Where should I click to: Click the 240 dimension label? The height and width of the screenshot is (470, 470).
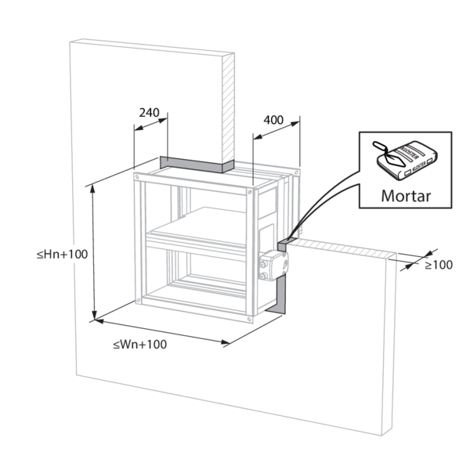149,112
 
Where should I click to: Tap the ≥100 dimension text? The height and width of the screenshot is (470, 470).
439,265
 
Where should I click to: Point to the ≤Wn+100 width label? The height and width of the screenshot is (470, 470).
139,344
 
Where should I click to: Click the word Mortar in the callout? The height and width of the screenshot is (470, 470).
405,195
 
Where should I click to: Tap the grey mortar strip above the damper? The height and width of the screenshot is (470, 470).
196,164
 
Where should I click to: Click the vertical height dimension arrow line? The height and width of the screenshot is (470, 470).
95,251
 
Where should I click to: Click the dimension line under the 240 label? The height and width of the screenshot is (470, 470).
151,122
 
